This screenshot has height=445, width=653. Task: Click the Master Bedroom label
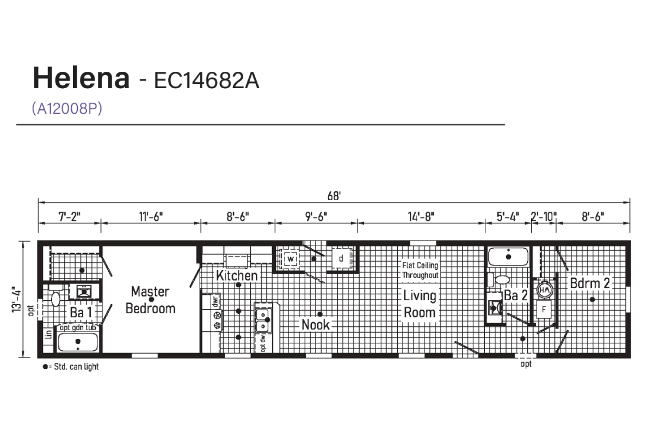(150, 300)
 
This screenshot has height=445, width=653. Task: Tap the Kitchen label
(237, 276)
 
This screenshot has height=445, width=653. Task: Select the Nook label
(316, 325)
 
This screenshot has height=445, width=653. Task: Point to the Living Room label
(420, 304)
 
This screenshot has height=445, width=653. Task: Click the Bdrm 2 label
(590, 283)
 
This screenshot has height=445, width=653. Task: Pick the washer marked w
(291, 258)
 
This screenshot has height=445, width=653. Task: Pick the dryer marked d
(341, 258)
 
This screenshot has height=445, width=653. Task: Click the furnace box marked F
(544, 309)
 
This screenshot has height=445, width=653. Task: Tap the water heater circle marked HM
(545, 290)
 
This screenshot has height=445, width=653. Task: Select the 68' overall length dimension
(334, 196)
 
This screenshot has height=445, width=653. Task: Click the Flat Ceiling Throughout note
(420, 270)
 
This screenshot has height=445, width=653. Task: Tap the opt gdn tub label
(78, 327)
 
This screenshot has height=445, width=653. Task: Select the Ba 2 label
(516, 295)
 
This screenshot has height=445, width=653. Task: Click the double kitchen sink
(263, 320)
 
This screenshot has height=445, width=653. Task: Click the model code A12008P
(67, 108)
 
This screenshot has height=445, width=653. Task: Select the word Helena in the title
(81, 78)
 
